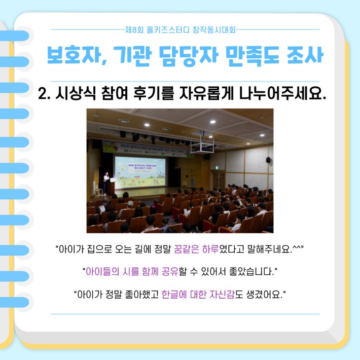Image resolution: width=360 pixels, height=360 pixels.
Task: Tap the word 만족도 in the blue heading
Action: point(252,56)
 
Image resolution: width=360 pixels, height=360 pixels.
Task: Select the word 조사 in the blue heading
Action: point(305,55)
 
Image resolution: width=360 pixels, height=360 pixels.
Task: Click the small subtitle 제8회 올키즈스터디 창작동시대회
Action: point(180,29)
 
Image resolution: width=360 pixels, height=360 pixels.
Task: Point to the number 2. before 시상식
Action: point(44,93)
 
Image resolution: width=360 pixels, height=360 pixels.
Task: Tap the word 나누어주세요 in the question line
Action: point(282,93)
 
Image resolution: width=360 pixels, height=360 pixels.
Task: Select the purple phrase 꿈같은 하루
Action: point(196,249)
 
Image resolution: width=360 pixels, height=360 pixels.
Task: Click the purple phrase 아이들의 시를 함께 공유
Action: point(132,272)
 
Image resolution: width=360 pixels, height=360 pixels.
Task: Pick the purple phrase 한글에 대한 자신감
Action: point(198,294)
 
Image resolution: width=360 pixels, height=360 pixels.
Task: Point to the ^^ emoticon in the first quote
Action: point(297,247)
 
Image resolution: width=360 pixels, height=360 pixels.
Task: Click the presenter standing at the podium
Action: point(106,183)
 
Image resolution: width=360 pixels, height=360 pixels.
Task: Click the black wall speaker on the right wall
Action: point(268,160)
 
